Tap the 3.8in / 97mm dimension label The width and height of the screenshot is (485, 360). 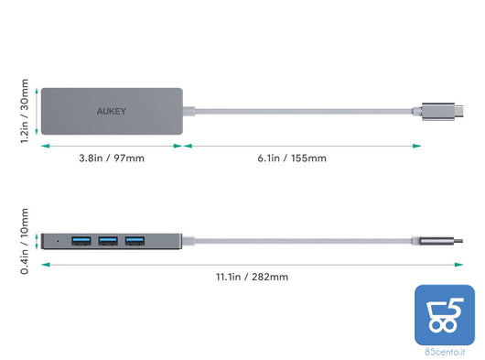click(x=111, y=158)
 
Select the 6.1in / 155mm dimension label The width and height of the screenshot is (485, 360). click(x=292, y=158)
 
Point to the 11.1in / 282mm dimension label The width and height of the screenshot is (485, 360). click(x=252, y=277)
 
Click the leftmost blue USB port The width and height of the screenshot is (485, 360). click(x=80, y=242)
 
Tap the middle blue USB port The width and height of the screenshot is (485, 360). click(x=107, y=242)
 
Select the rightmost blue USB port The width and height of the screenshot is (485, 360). click(x=135, y=242)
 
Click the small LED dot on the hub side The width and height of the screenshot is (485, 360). click(x=59, y=242)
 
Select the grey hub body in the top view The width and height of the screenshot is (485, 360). click(x=137, y=124)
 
